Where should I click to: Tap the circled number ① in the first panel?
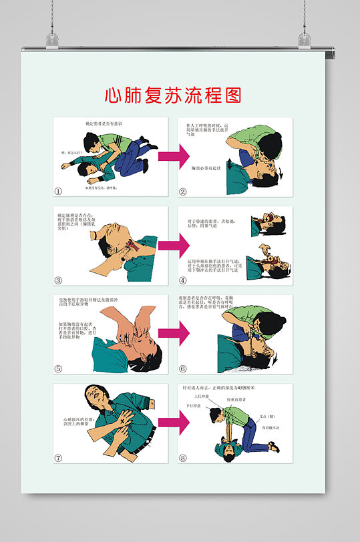pyautogui.click(x=58, y=192)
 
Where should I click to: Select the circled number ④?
pyautogui.click(x=183, y=280)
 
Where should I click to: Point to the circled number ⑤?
pyautogui.click(x=58, y=368)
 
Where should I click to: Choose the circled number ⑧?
pyautogui.click(x=183, y=458)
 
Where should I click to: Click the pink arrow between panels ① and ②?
pyautogui.click(x=173, y=157)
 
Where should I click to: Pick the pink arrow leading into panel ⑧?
pyautogui.click(x=173, y=423)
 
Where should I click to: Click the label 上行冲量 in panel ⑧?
pyautogui.click(x=202, y=396)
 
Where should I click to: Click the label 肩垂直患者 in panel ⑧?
pyautogui.click(x=237, y=399)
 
